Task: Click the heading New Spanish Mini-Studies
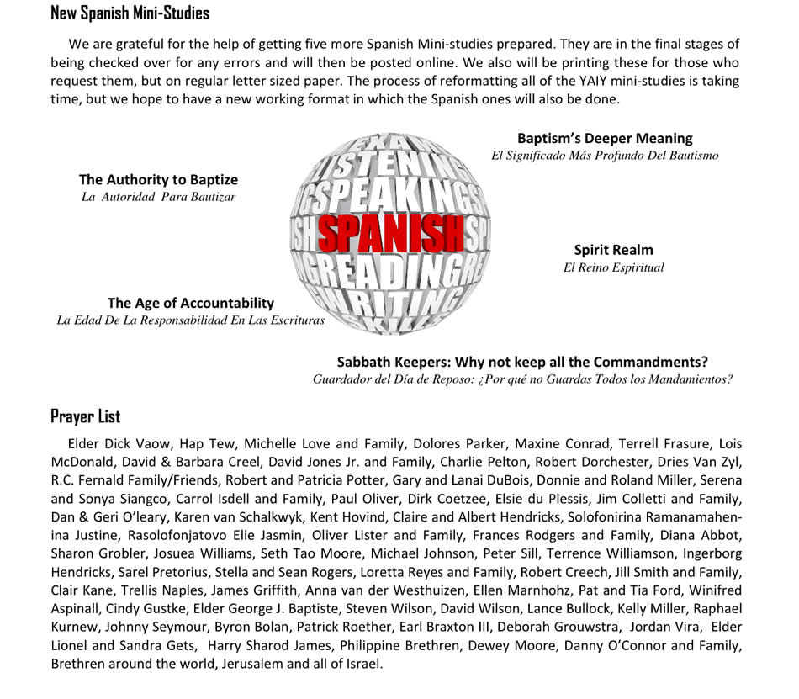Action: point(130,13)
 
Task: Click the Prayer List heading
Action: point(85,416)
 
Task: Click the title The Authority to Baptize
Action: point(158,179)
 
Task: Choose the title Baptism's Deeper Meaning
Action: point(605,138)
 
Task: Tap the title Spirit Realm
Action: point(613,250)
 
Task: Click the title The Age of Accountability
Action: point(190,303)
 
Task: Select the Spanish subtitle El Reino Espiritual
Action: point(613,267)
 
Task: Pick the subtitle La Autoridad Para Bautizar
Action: point(158,197)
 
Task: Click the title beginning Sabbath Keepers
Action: point(522,362)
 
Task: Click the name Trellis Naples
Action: point(161,590)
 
